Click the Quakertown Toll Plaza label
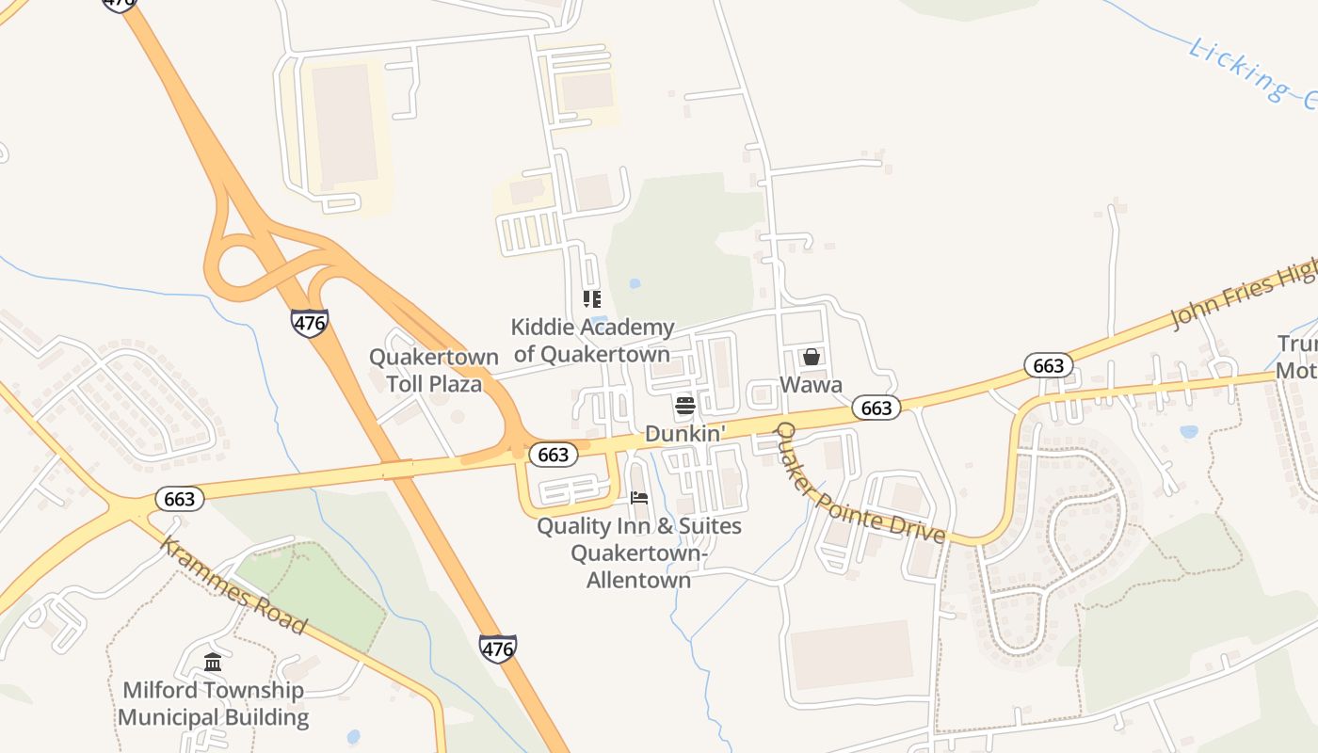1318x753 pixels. pos(433,371)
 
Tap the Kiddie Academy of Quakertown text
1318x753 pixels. pos(592,341)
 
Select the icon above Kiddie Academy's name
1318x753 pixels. pos(591,299)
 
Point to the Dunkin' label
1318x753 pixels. pos(685,434)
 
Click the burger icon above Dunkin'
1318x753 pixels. pos(685,407)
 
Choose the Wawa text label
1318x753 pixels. pos(811,385)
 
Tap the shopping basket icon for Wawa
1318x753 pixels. pos(811,357)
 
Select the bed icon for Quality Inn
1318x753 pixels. pos(639,497)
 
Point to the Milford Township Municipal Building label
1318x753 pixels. pos(214,703)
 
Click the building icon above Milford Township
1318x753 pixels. pos(213,662)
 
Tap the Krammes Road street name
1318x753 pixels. pos(233,585)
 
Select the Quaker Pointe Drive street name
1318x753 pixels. pos(859,484)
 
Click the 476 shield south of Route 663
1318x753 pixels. pos(497,648)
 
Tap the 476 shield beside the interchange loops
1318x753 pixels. pos(309,323)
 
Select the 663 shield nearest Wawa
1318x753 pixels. pos(876,408)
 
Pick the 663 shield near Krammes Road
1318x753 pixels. pos(179,499)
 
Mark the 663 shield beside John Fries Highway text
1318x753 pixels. pos(1048,366)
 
